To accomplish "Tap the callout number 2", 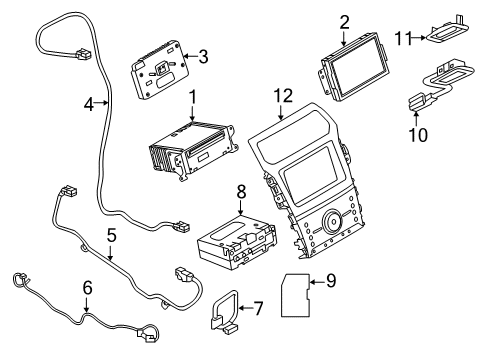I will [344, 21].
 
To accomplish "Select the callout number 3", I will [203, 56].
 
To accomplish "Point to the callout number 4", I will [88, 102].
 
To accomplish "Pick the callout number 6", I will [87, 288].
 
